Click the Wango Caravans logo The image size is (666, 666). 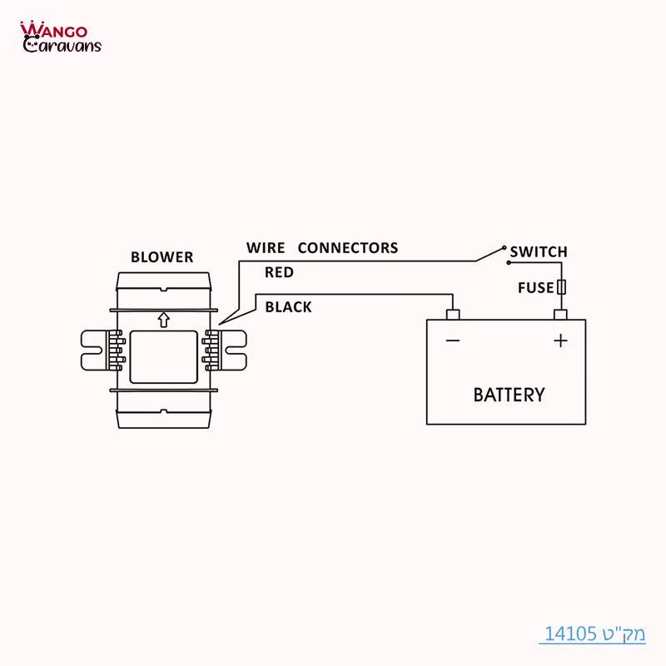tap(60, 37)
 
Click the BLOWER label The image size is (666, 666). tap(162, 257)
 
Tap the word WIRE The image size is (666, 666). tap(266, 248)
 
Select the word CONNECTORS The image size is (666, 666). tap(348, 248)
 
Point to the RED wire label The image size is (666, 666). tap(279, 272)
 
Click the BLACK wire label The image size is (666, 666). tap(288, 307)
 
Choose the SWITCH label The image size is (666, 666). tap(539, 251)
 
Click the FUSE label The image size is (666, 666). tap(535, 288)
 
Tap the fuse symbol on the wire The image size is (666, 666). tap(562, 287)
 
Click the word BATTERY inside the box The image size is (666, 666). tap(509, 395)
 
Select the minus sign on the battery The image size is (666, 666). tap(453, 340)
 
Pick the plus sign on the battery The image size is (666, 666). tap(561, 340)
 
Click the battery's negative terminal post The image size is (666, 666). tap(453, 315)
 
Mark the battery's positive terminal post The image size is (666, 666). tap(561, 315)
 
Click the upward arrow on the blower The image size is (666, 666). tap(163, 319)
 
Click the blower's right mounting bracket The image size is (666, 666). tap(231, 351)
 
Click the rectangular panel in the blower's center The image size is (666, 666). tap(163, 351)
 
